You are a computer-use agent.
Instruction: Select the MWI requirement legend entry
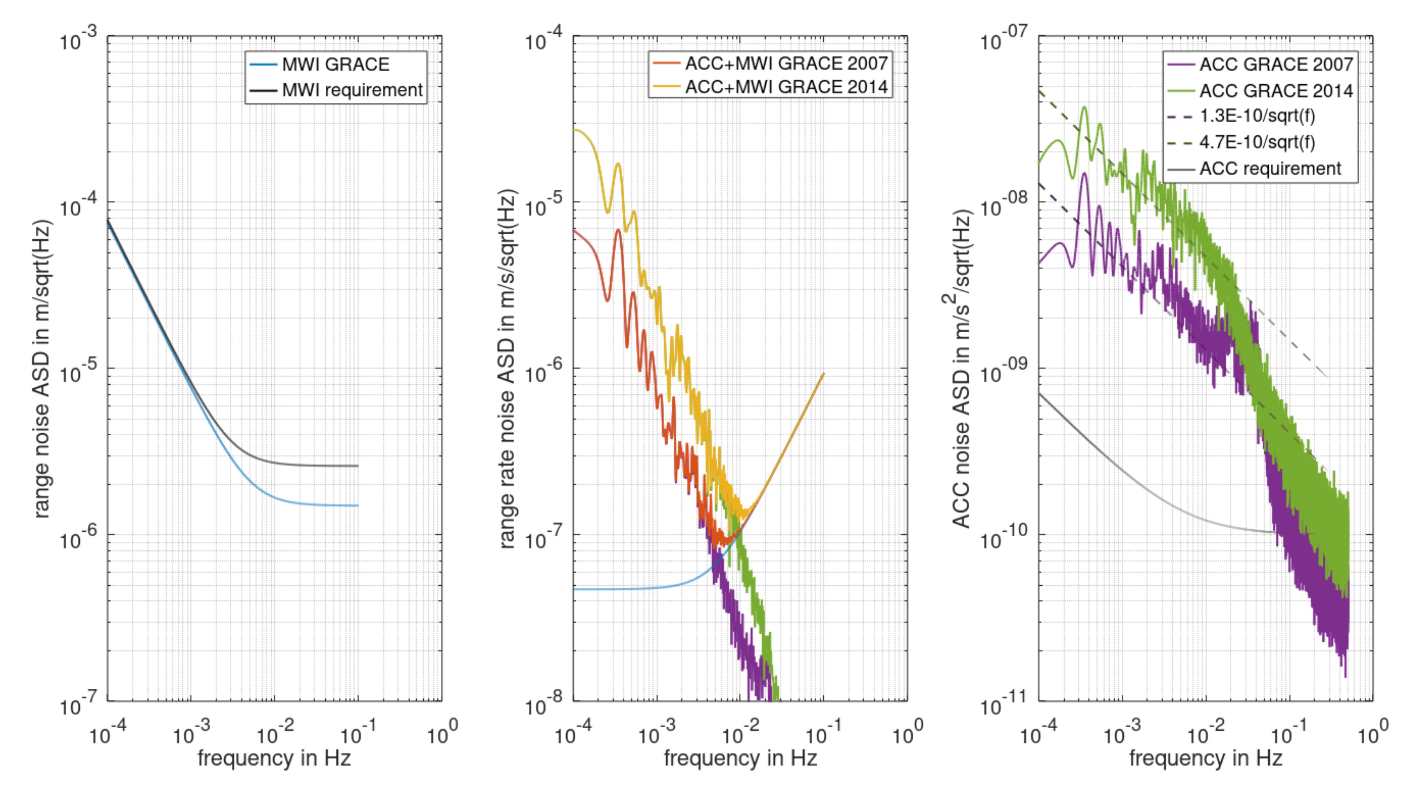point(351,90)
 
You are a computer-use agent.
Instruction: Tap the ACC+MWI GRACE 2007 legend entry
point(786,63)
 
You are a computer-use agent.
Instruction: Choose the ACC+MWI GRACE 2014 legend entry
point(786,87)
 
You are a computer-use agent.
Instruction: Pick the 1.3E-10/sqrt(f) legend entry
point(1257,116)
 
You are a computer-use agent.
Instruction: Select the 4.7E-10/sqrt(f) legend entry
point(1257,142)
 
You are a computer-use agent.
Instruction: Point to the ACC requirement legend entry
point(1270,168)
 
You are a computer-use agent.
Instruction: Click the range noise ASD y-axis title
point(41,368)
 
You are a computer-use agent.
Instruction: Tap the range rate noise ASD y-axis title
point(507,368)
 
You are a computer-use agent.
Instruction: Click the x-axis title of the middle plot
point(740,759)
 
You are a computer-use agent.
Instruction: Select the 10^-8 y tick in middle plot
point(543,705)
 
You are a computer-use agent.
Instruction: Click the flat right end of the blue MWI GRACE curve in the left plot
point(356,506)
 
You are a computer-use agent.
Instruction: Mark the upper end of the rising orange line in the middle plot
point(823,374)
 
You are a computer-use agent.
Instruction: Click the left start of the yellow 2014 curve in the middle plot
point(575,130)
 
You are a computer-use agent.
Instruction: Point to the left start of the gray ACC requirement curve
point(1040,394)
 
